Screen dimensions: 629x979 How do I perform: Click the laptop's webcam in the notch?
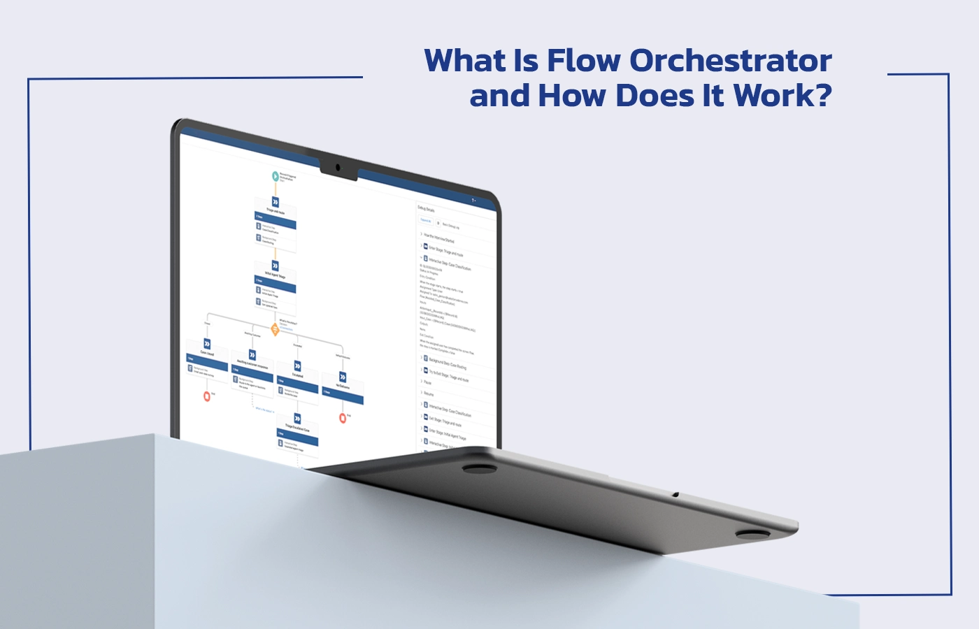pos(338,168)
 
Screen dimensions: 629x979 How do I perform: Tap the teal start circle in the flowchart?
pos(276,175)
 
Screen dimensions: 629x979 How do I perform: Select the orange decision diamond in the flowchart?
pos(275,329)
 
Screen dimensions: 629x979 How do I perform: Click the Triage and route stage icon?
pos(276,202)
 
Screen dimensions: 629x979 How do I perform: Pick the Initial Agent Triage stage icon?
pos(275,266)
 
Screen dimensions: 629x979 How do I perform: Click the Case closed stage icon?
pos(207,344)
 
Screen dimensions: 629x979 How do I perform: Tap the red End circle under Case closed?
pos(207,396)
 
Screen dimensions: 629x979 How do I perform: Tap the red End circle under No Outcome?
pos(343,418)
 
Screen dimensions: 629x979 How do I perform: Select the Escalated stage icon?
pos(298,366)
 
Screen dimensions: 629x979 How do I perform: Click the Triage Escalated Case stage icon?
pos(298,419)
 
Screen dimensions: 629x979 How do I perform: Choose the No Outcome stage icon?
pos(343,377)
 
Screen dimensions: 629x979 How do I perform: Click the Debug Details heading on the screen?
pos(426,208)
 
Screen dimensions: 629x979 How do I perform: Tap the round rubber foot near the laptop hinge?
pos(480,468)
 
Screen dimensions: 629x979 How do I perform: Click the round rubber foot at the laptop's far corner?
pos(752,535)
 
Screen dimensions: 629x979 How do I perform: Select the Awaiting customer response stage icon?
pos(252,355)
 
